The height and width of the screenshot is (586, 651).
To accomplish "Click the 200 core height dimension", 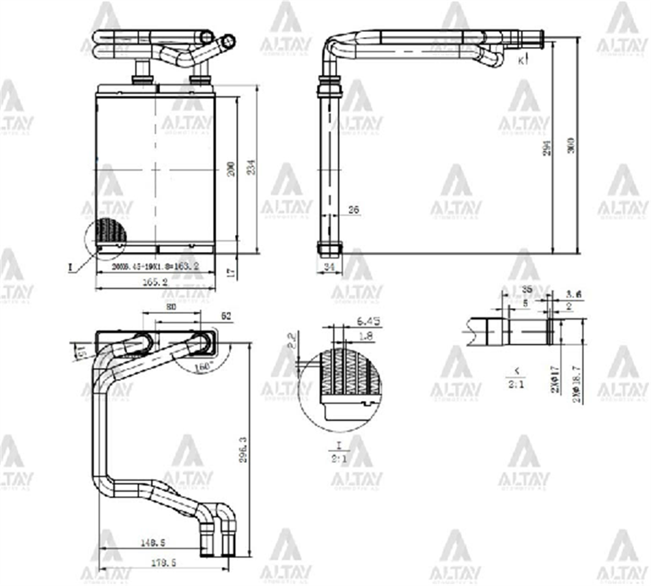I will coord(230,170).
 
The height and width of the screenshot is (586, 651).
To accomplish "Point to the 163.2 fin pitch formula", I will coord(155,266).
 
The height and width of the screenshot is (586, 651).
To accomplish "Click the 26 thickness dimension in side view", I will coord(354,210).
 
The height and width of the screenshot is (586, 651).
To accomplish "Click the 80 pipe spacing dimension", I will coord(171,308).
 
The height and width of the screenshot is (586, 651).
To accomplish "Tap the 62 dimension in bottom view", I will coord(227,316).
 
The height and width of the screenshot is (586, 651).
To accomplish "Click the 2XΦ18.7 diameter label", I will coord(575,384).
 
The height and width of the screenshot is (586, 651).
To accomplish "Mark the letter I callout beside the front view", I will coord(70,266).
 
